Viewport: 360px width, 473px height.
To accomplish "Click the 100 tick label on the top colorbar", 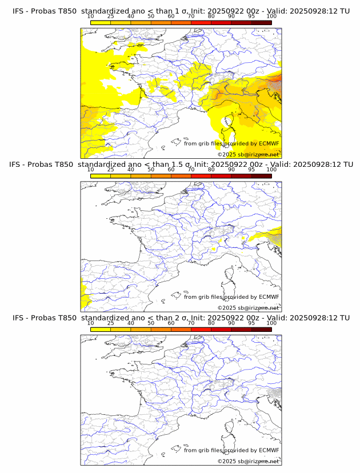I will [271, 16].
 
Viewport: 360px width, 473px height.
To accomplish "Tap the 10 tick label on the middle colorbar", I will [91, 169].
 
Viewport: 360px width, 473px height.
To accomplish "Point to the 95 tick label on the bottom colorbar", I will [251, 323].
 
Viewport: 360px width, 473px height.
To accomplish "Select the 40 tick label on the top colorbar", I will [131, 16].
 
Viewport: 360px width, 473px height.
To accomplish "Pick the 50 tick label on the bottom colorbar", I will [151, 323].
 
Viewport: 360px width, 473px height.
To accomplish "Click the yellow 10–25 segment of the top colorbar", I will [101, 22].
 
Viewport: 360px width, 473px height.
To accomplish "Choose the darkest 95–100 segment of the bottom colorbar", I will [261, 330].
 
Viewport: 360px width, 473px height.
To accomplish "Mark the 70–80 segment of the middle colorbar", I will [201, 176].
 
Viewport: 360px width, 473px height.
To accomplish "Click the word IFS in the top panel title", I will [19, 10].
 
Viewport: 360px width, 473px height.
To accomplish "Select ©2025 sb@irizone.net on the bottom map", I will [248, 462].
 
